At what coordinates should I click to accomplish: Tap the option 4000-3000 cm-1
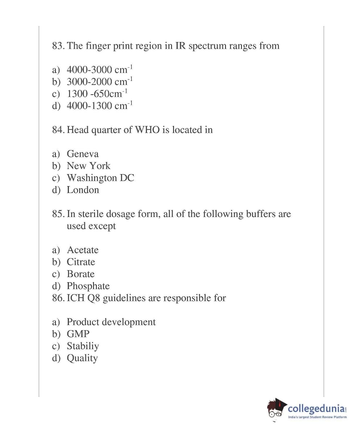coord(100,70)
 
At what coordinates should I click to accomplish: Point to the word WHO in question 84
coord(147,130)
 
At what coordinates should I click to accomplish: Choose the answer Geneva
coord(83,154)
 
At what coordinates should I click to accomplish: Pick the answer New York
coord(88,166)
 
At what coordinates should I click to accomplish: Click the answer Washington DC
coord(100,178)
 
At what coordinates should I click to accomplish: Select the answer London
coord(83,190)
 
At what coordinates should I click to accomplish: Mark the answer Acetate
coord(83,250)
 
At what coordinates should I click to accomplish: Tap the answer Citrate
coord(81,262)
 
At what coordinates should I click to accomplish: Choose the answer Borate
coord(80,274)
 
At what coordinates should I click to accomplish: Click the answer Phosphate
coord(88,286)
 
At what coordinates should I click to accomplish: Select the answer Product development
coord(111,322)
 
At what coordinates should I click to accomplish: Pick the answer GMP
coord(78,334)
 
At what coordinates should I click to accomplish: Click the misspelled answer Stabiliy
coord(83,346)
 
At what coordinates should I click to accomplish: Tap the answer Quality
coord(82,358)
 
